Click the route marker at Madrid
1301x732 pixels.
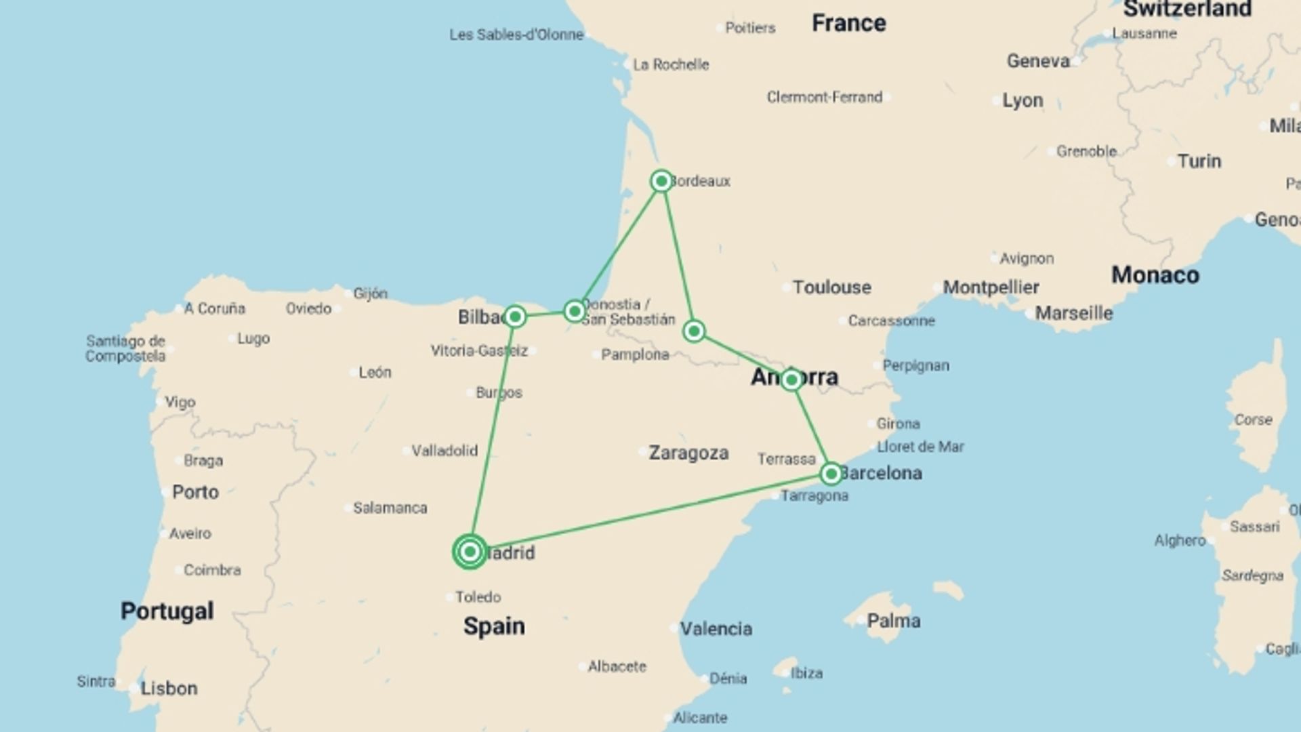(470, 552)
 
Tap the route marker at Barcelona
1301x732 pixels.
(831, 474)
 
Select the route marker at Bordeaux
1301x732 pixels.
(661, 181)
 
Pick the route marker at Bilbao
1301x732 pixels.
(515, 317)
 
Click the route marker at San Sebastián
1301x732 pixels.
(575, 311)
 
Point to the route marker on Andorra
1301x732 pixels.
(791, 380)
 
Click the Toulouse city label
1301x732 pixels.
(831, 287)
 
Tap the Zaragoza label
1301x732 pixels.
(688, 453)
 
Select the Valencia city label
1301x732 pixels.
(716, 629)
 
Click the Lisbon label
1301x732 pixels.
(169, 689)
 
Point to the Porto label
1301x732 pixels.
(195, 492)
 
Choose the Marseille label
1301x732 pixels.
(1073, 313)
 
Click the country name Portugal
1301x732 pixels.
(167, 611)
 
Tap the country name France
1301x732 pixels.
(848, 23)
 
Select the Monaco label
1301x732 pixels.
(1155, 275)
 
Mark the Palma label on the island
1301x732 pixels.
(893, 621)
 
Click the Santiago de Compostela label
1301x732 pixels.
(125, 348)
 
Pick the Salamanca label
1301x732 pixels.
(390, 508)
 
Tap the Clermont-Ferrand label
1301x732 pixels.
(824, 98)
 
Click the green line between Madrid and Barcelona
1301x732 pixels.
(650, 513)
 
